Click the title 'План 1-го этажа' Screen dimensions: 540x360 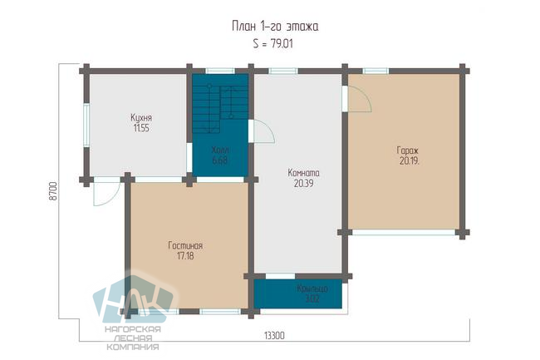[275, 27]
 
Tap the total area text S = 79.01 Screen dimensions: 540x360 [272, 44]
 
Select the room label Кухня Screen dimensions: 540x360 [141, 118]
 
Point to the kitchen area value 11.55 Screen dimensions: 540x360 [141, 128]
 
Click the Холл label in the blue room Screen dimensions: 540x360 [220, 150]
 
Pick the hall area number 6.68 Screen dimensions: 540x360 [220, 160]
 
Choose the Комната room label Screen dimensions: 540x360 [303, 173]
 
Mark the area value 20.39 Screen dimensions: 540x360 [303, 183]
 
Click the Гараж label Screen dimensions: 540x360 [408, 150]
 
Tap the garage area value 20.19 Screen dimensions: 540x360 [409, 160]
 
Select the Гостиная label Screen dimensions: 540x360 [185, 245]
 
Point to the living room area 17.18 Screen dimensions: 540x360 [185, 256]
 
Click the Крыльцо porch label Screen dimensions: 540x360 [312, 288]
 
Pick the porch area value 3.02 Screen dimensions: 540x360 [312, 298]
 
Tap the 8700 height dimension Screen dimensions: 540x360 [52, 191]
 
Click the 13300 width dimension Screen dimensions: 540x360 [274, 335]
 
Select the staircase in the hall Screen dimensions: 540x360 [220, 103]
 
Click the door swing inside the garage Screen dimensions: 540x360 [360, 99]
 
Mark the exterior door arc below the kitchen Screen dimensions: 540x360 [107, 192]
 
